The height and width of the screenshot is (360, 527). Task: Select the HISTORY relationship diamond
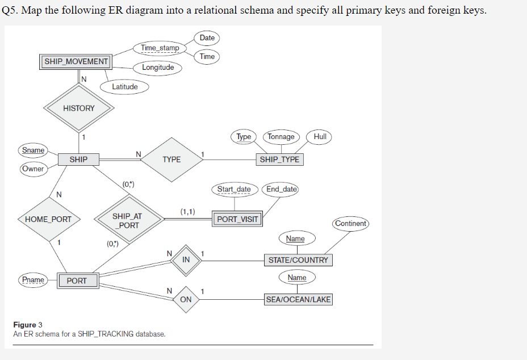pyautogui.click(x=79, y=108)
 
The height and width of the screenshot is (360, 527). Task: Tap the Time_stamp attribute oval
pyautogui.click(x=160, y=48)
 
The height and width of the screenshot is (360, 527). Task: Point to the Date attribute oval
pyautogui.click(x=207, y=38)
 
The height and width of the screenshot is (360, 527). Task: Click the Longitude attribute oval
pyautogui.click(x=158, y=68)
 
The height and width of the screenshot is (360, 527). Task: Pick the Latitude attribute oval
pyautogui.click(x=124, y=87)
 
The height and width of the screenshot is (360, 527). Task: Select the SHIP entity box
pyautogui.click(x=78, y=160)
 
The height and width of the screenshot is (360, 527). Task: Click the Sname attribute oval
pyautogui.click(x=33, y=150)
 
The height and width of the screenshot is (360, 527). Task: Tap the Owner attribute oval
pyautogui.click(x=33, y=169)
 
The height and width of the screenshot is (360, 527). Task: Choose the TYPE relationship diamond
pyautogui.click(x=172, y=160)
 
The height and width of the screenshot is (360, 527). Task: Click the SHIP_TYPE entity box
pyautogui.click(x=279, y=160)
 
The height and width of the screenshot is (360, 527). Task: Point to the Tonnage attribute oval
pyautogui.click(x=281, y=137)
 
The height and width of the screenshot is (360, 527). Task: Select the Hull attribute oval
pyautogui.click(x=319, y=137)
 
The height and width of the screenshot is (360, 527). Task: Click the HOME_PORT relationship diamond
pyautogui.click(x=49, y=219)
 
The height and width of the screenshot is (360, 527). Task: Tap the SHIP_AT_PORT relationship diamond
pyautogui.click(x=127, y=221)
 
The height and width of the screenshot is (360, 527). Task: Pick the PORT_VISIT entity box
pyautogui.click(x=237, y=219)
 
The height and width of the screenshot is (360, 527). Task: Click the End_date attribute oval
pyautogui.click(x=281, y=189)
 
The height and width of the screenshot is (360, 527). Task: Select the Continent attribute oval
pyautogui.click(x=350, y=223)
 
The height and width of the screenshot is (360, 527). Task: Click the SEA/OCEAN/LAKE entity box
pyautogui.click(x=298, y=299)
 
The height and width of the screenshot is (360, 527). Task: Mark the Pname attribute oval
pyautogui.click(x=33, y=280)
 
